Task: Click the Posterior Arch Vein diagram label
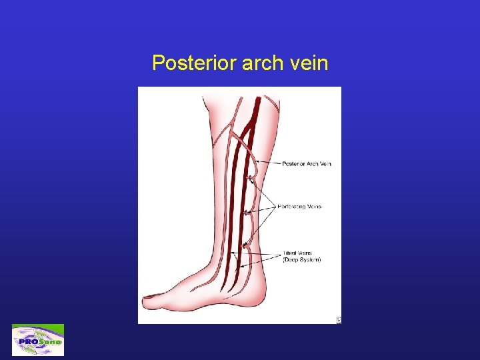(x=307, y=164)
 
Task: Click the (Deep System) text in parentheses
(x=301, y=260)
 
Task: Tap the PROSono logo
(x=38, y=340)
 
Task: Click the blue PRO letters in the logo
(x=28, y=341)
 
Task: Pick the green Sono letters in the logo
(x=49, y=341)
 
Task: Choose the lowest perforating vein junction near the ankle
(x=245, y=245)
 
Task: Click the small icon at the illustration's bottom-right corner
(x=338, y=320)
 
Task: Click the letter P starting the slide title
(x=157, y=63)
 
